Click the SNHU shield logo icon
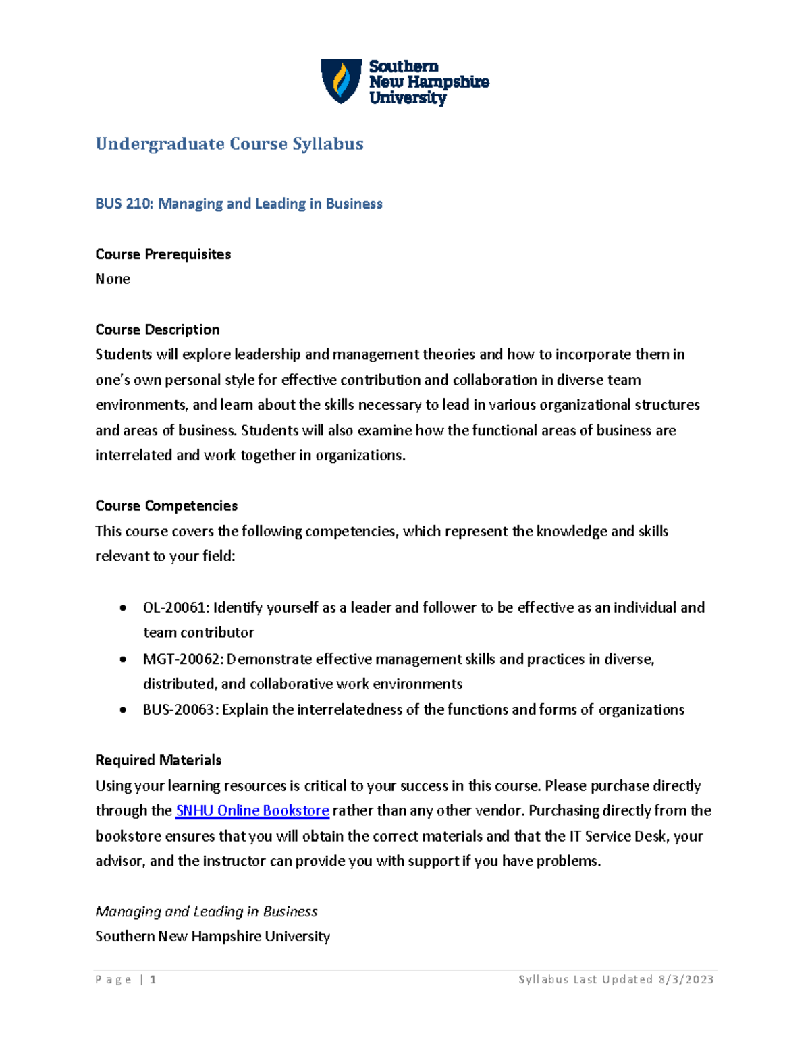(x=341, y=81)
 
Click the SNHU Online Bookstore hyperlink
(x=252, y=810)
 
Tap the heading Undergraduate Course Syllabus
(x=230, y=144)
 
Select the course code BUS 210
(x=124, y=204)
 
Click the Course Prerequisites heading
(x=163, y=254)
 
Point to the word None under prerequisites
(x=112, y=279)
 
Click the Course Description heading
(x=157, y=330)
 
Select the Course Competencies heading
(x=166, y=506)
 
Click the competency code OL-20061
(x=175, y=608)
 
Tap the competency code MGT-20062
(x=180, y=659)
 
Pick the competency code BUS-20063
(x=179, y=710)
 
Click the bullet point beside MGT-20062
(x=122, y=659)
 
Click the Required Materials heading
(x=158, y=761)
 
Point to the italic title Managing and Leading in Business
(x=206, y=912)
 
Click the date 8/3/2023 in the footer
(x=686, y=980)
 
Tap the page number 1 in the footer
(x=153, y=980)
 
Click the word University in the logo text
(x=407, y=98)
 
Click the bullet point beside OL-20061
(x=122, y=608)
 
